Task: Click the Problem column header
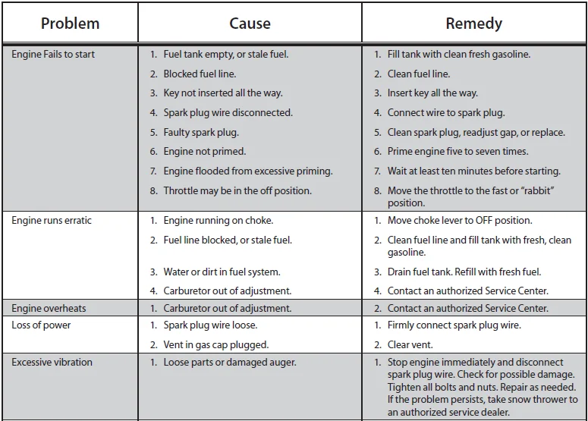point(70,24)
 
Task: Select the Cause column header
point(250,24)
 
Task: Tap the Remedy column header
point(473,24)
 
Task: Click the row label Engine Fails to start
point(53,55)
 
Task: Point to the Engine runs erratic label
point(52,221)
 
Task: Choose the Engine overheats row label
point(49,309)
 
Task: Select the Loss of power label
point(41,325)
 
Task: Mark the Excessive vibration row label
point(52,363)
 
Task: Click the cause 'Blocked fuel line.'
point(200,74)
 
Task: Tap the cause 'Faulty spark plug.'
point(200,133)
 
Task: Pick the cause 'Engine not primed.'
point(204,152)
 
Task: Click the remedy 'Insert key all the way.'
point(432,93)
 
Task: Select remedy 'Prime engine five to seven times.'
point(458,152)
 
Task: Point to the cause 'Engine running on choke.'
point(218,221)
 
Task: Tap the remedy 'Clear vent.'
point(410,345)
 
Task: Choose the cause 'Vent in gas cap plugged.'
point(215,345)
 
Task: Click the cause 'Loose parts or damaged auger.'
point(229,363)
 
